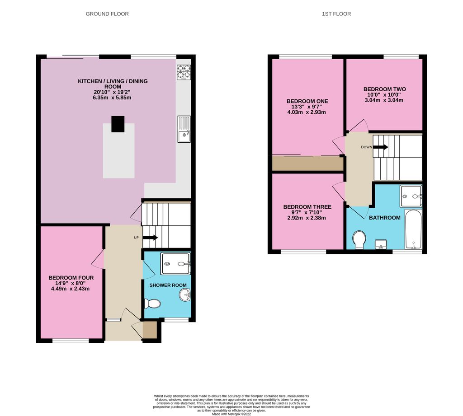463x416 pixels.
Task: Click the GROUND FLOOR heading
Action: click(107, 14)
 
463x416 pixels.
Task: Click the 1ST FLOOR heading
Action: click(336, 14)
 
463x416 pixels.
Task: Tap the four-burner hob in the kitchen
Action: click(184, 72)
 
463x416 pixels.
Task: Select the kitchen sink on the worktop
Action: click(184, 130)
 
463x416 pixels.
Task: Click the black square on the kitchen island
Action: click(118, 124)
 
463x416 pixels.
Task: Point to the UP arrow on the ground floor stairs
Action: click(151, 238)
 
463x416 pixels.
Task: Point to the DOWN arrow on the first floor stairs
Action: click(381, 147)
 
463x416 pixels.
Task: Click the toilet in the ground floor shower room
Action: click(152, 304)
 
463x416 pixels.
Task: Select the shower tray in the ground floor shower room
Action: click(176, 263)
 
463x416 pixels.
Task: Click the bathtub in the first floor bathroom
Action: click(413, 229)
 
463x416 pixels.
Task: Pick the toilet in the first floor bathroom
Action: click(359, 239)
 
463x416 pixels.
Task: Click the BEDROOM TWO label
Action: click(384, 89)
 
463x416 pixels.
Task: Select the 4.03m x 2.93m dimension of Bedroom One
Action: click(307, 112)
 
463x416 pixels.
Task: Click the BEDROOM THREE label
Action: click(307, 207)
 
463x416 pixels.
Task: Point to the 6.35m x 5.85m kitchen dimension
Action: click(113, 98)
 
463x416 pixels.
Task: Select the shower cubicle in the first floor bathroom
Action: click(411, 196)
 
